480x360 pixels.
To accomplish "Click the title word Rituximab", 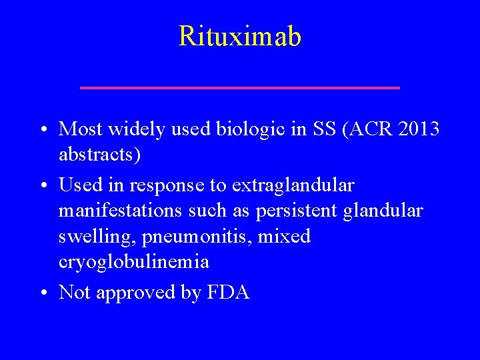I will (x=240, y=37).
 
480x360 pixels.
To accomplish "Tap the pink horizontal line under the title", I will (x=240, y=87).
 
